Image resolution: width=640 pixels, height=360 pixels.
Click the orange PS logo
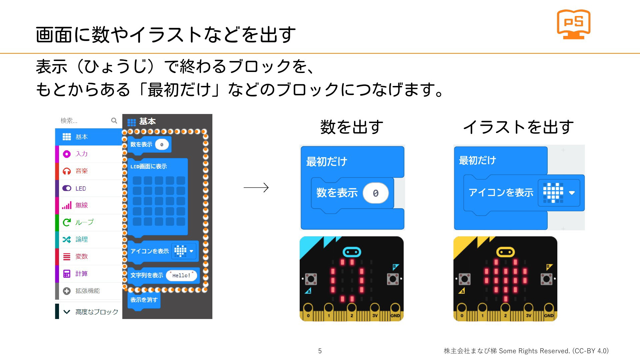pos(573,24)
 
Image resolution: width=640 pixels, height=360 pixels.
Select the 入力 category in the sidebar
pos(89,154)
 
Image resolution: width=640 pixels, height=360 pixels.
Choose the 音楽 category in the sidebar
pos(89,171)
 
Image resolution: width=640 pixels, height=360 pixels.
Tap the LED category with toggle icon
pos(89,188)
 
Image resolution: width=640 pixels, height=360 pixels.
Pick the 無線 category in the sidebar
pos(89,205)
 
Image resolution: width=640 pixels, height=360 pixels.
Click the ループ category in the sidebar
pos(89,222)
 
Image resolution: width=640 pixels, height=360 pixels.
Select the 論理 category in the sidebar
pos(89,239)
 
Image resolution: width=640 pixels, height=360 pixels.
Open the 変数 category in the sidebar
pos(89,256)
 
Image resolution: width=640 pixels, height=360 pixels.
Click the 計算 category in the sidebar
pos(89,274)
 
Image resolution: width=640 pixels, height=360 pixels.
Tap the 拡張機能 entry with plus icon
pos(89,291)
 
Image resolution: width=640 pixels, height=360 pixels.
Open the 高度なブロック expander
pos(89,312)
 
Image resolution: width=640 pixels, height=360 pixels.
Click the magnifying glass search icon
pos(114,121)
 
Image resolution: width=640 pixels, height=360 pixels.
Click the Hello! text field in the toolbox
pos(181,276)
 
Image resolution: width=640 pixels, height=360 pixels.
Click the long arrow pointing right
pos(256,188)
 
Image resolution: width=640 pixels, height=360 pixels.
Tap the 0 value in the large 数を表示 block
pos(376,193)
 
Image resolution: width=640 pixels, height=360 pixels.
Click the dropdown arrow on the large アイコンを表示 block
pos(572,193)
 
